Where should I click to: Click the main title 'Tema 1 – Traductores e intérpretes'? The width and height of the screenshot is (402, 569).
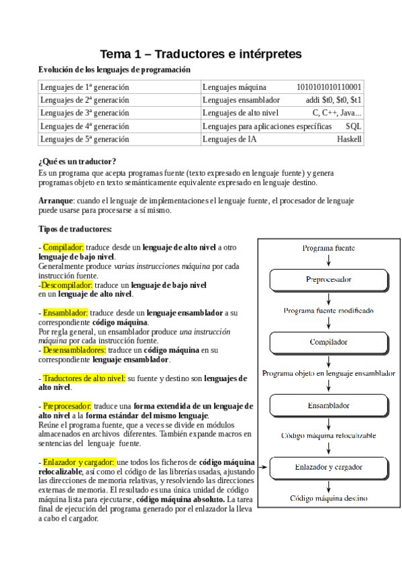coord(201,53)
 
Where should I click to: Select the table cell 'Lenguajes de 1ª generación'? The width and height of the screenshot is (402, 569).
coord(85,87)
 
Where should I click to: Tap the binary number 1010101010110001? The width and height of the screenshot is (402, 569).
coord(329,87)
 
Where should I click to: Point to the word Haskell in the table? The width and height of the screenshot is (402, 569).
coord(349,140)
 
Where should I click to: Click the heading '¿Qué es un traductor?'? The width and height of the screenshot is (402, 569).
coord(77,162)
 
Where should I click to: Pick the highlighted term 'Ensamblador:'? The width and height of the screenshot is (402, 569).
coord(65,313)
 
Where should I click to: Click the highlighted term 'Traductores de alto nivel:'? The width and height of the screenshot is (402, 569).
coord(84,378)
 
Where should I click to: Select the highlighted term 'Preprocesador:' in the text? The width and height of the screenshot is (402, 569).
coord(67,407)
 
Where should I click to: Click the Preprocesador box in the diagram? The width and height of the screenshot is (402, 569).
coord(328,279)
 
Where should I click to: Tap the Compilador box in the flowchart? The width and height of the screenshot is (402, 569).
coord(328,342)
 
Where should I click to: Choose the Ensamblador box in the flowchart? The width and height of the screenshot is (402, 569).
coord(328,405)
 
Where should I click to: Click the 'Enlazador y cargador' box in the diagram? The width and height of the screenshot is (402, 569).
coord(328,466)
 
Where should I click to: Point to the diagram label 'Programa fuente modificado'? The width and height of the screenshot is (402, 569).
coord(328,311)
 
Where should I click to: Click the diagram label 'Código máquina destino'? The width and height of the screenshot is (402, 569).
coord(328,499)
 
